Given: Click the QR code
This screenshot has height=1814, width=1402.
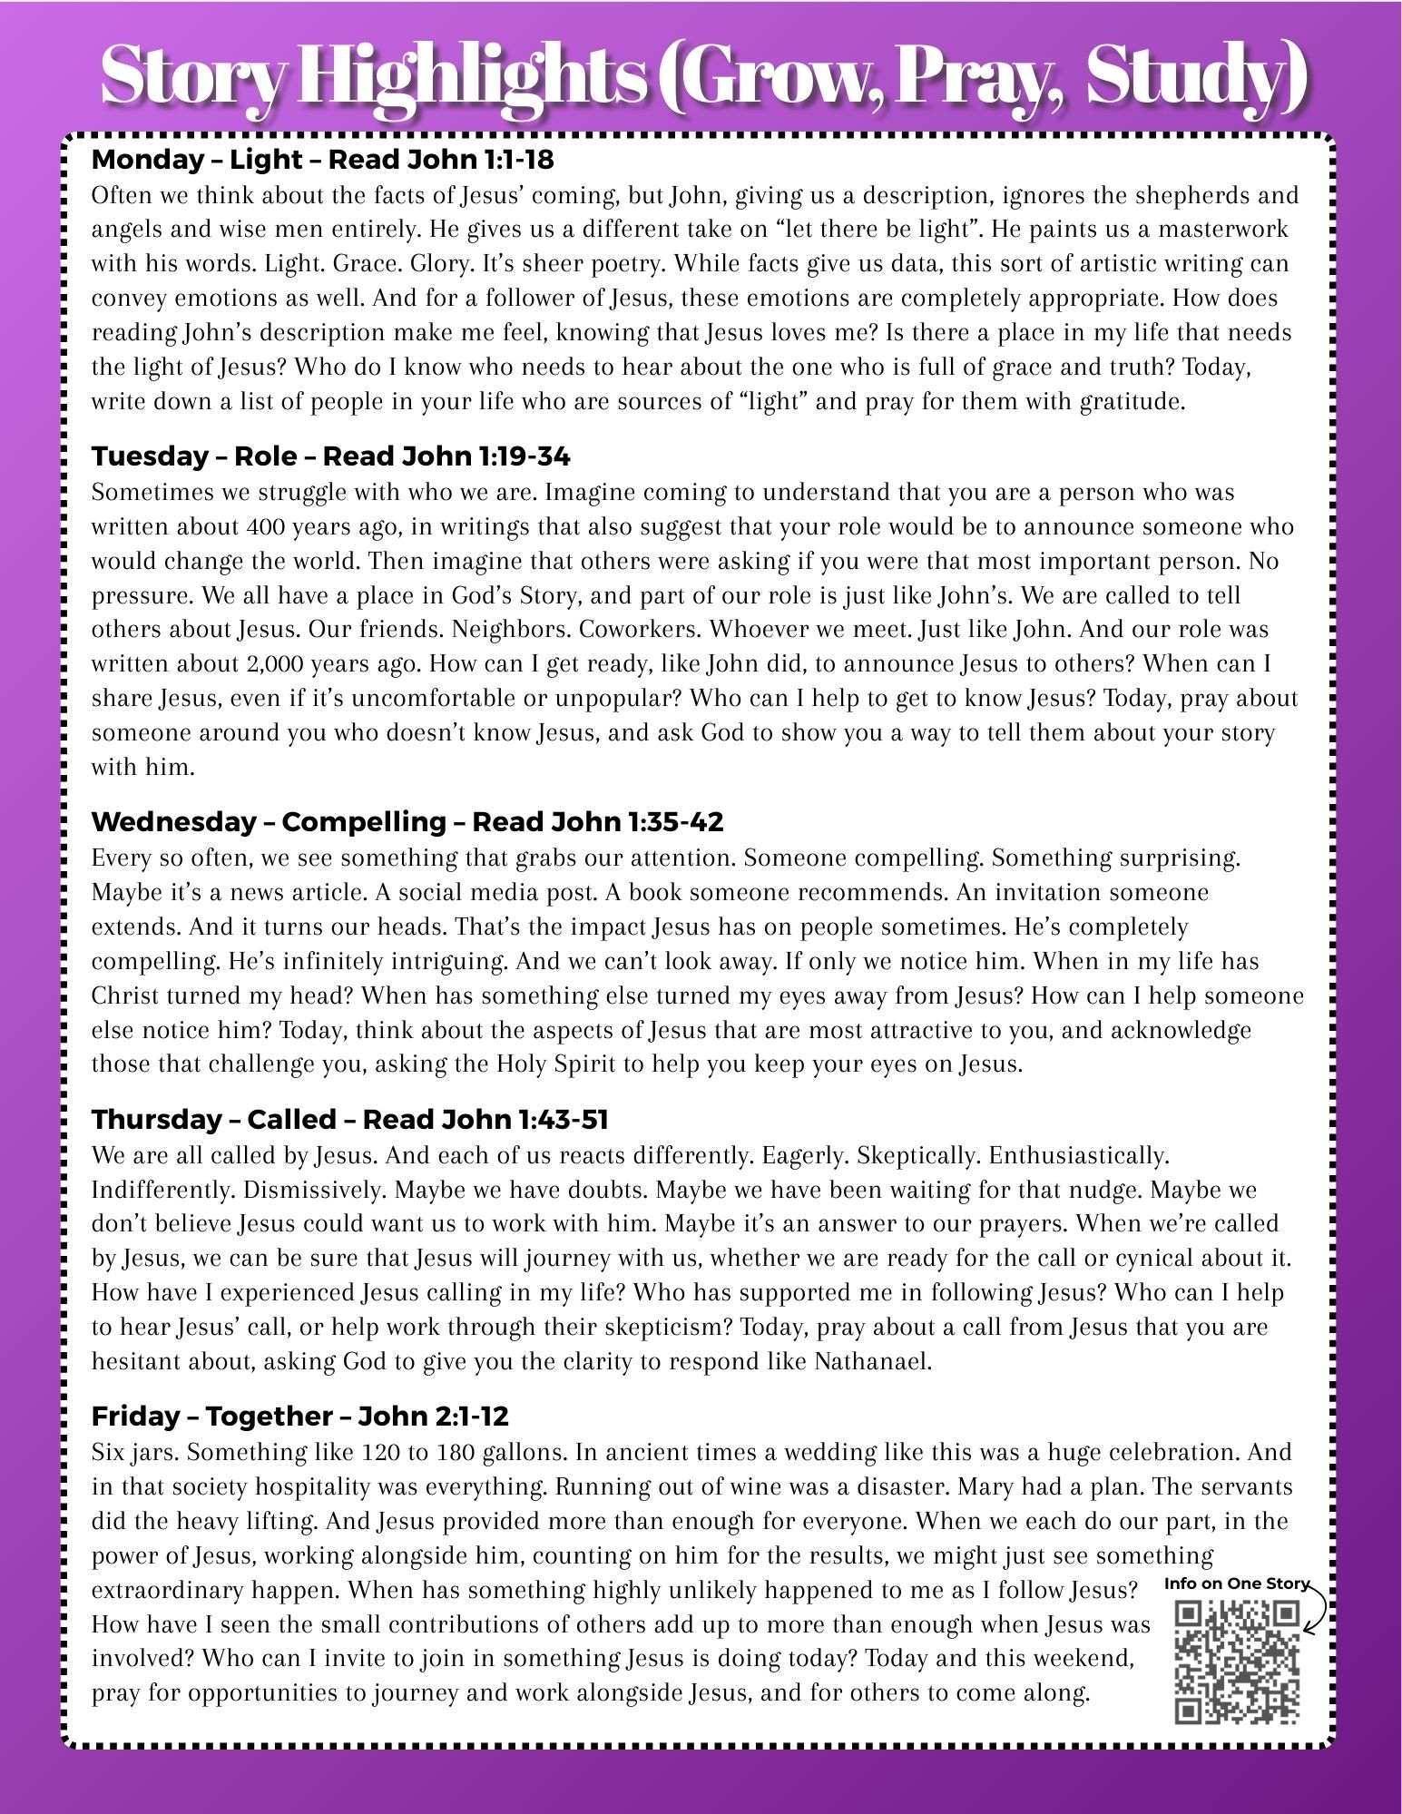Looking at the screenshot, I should click(1237, 1662).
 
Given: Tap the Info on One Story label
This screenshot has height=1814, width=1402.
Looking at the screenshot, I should click(1237, 1583).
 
